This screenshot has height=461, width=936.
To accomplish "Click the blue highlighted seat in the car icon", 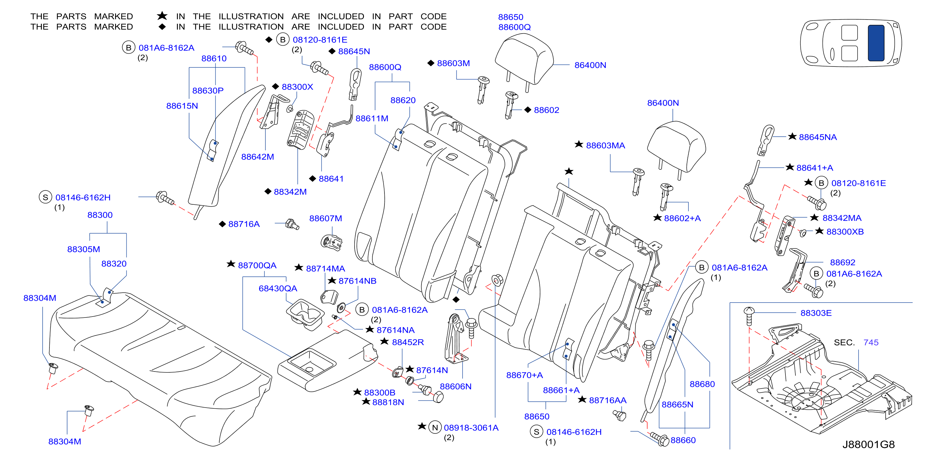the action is (876, 43).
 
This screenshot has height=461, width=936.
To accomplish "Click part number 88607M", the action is (326, 218).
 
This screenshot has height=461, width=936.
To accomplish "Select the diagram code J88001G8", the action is (868, 445).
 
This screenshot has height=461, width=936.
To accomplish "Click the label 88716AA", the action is (608, 400).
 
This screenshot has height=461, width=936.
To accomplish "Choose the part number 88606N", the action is (456, 386).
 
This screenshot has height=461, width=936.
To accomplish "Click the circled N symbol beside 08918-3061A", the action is (435, 427).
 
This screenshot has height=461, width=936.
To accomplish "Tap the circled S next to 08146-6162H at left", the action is (45, 198).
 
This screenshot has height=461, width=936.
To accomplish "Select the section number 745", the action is (871, 343).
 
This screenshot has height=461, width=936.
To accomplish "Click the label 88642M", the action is (258, 157).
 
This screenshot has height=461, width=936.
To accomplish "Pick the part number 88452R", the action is (408, 342).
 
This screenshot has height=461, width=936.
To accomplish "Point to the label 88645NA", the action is (817, 137).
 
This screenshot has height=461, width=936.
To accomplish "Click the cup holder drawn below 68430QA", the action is (305, 314).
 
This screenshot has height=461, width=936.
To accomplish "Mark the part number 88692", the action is (843, 262).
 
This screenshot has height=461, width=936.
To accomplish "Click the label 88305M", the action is (84, 249).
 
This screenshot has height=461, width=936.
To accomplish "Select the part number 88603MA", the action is (605, 146).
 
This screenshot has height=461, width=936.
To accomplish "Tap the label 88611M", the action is (372, 118).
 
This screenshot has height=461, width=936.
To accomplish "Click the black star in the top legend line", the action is (162, 16).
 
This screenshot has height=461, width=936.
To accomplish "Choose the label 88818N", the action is (388, 402).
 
